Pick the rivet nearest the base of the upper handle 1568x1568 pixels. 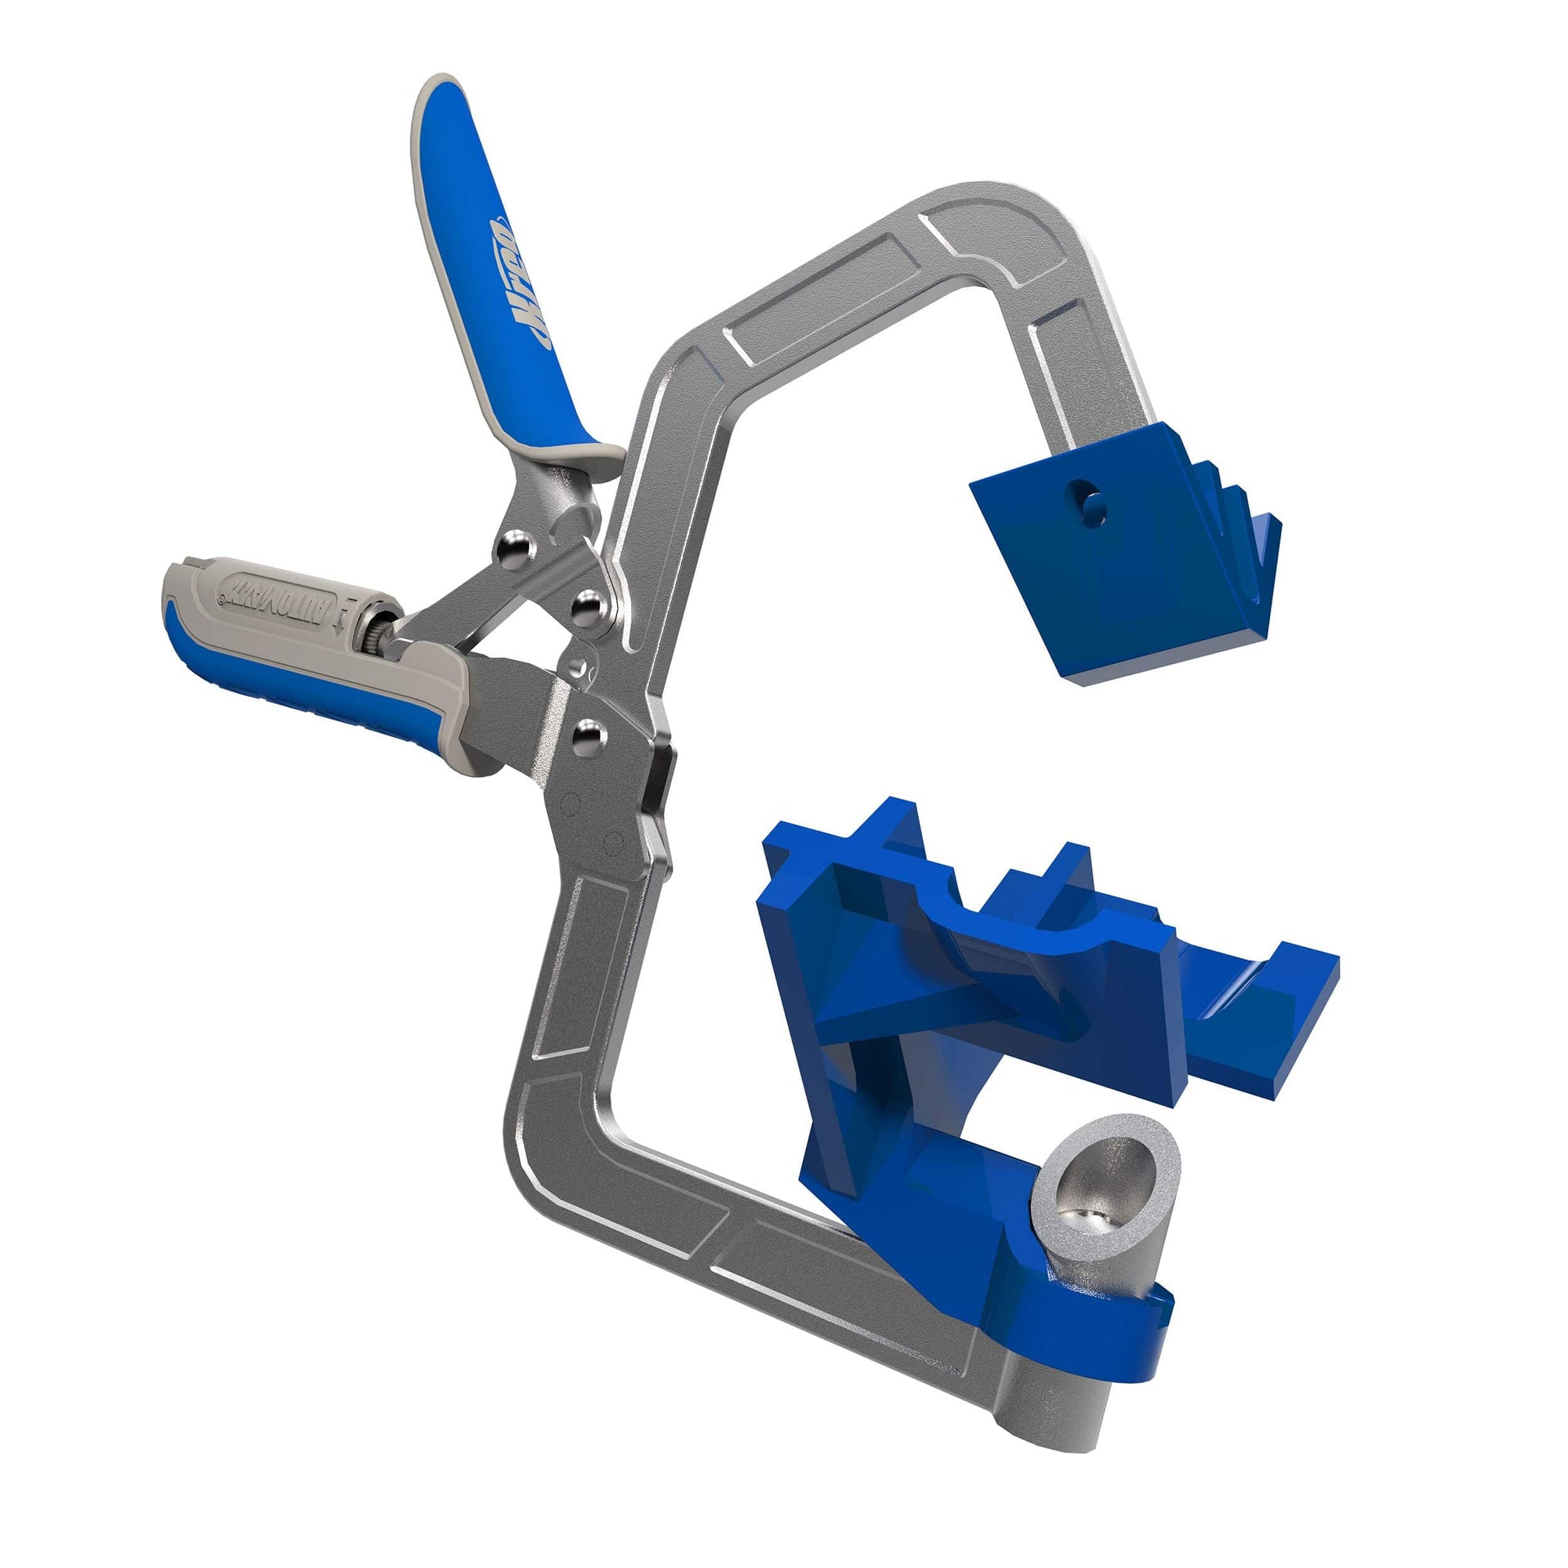tap(512, 545)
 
